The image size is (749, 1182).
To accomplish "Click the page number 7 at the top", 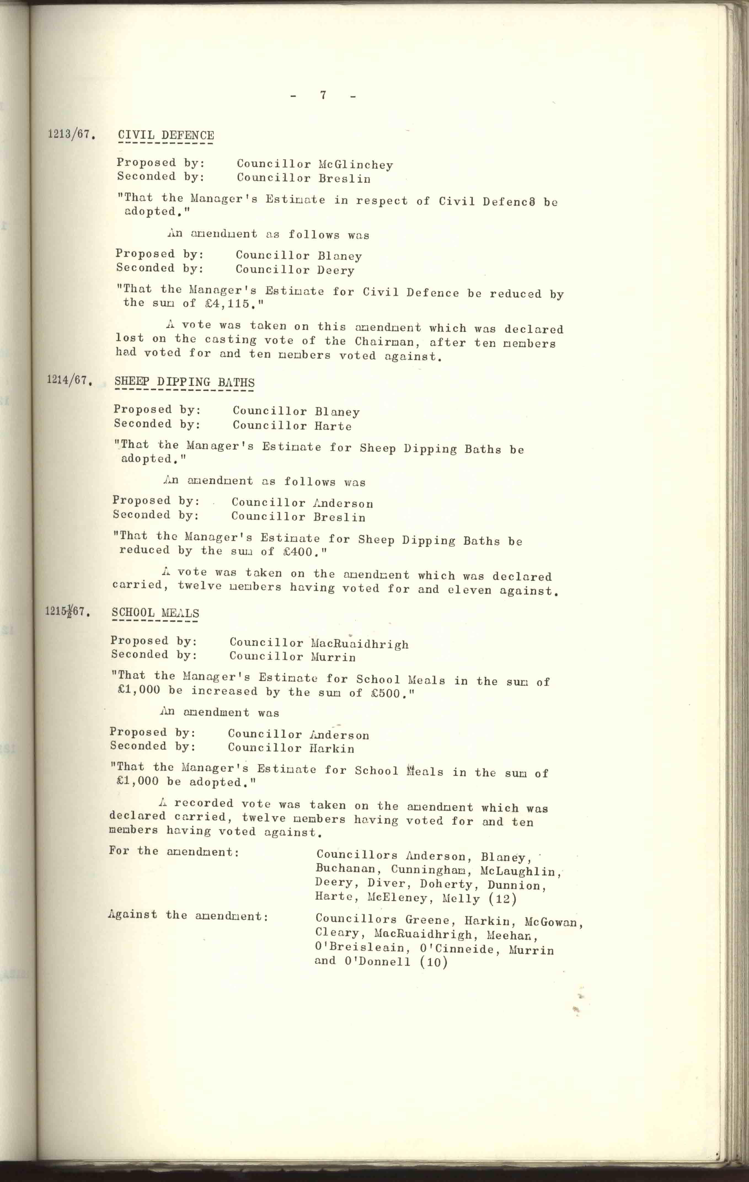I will coord(323,95).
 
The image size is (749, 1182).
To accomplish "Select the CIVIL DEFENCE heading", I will coord(166,135).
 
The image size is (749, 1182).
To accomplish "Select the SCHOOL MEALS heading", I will coord(155,613).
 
